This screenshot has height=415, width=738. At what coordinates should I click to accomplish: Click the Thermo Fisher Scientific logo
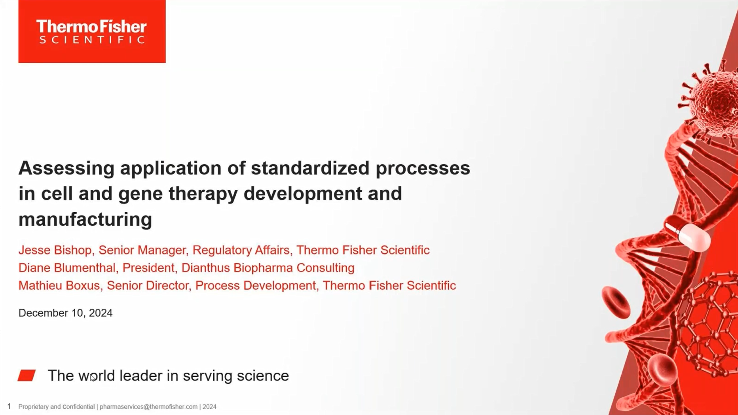tap(92, 31)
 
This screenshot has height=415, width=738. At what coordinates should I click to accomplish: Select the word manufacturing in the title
tap(85, 219)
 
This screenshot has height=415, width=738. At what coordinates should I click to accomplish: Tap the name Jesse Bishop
tap(55, 250)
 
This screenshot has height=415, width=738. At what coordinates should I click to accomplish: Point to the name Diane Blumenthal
tap(67, 268)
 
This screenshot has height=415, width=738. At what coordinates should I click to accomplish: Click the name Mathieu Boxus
tap(59, 285)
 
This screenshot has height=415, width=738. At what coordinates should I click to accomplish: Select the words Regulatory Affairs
tap(241, 250)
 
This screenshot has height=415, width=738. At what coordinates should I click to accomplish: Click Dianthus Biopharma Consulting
tap(268, 268)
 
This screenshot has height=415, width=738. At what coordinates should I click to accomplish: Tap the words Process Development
tap(256, 285)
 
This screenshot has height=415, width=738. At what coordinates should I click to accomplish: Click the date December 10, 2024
tap(65, 313)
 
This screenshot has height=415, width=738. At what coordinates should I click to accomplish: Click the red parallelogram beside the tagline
tap(27, 375)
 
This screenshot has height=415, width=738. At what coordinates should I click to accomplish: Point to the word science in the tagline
tap(263, 376)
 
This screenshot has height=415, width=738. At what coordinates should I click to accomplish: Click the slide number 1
tap(9, 406)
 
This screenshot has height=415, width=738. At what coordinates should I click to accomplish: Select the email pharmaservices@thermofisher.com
tap(148, 407)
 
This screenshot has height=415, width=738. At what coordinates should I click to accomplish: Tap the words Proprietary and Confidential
tap(57, 407)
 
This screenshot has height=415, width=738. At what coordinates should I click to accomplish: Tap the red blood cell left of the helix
tap(616, 302)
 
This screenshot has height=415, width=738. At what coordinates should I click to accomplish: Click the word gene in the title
tap(140, 194)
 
